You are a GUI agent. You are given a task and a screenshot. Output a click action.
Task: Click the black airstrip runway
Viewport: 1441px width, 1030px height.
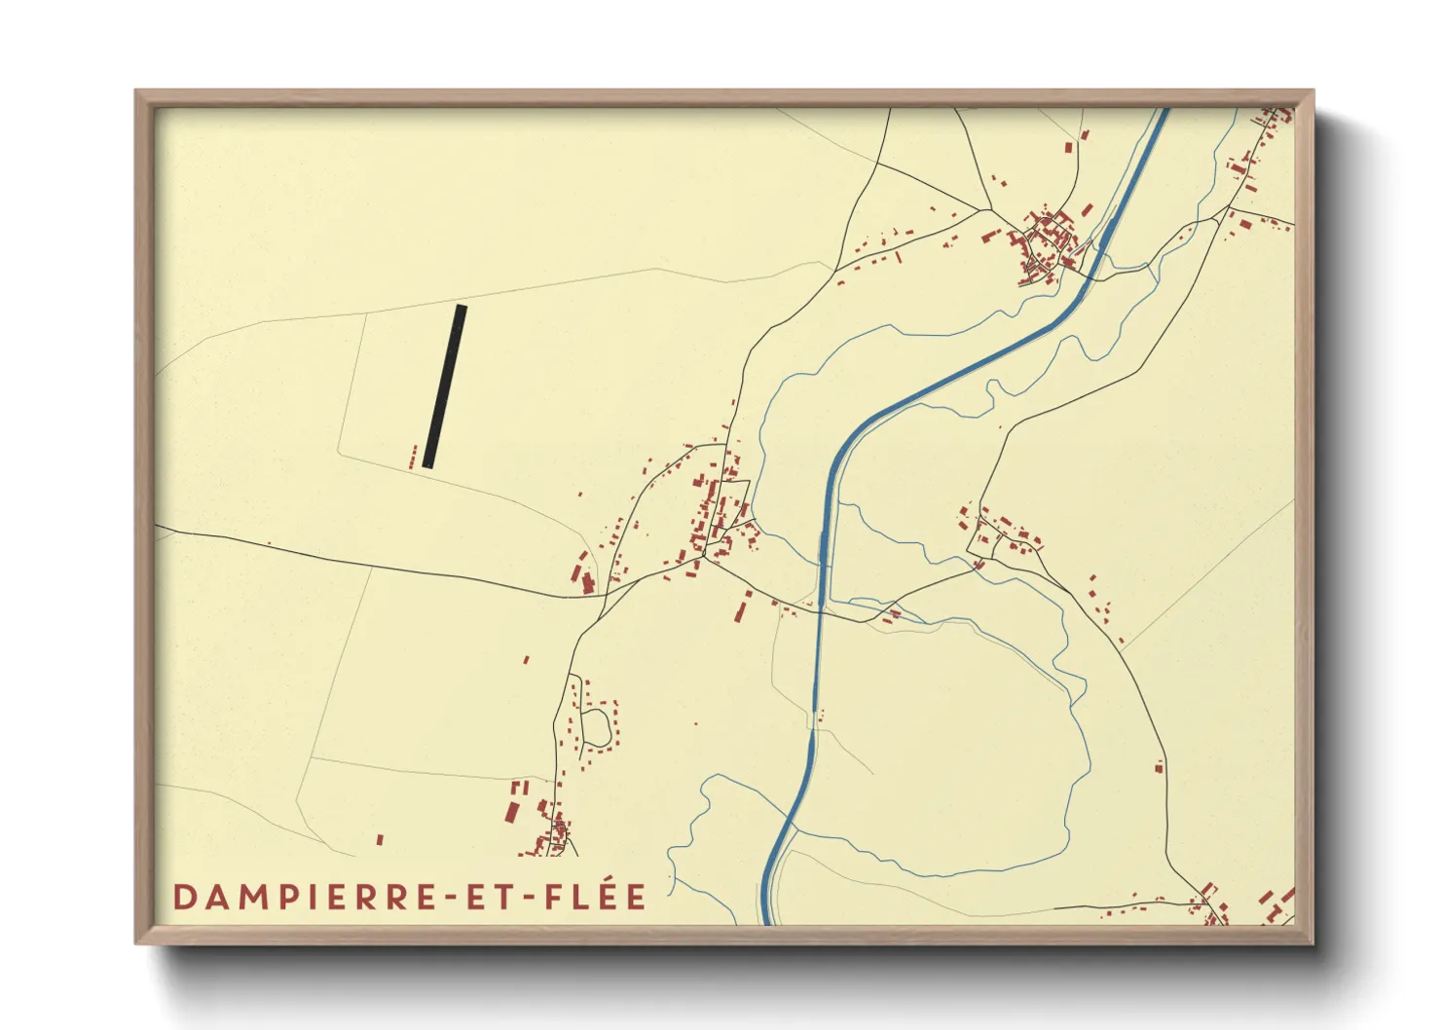pos(444,386)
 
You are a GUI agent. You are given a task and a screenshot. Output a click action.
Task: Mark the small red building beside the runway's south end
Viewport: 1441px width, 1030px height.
pos(414,457)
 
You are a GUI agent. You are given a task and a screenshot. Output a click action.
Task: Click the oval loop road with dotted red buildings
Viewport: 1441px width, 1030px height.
pos(596,723)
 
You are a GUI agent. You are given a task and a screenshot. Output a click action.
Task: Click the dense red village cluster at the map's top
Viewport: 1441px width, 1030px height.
pos(1047,243)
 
